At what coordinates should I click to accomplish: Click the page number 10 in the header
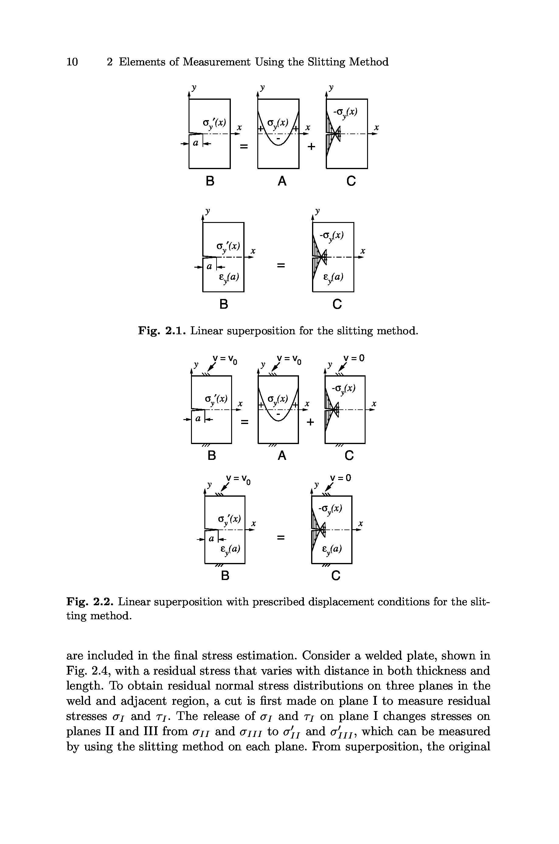point(72,62)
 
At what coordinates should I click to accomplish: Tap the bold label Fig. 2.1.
point(162,331)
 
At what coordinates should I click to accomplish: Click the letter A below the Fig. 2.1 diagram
point(282,181)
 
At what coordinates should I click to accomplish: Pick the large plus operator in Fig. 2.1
point(311,147)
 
